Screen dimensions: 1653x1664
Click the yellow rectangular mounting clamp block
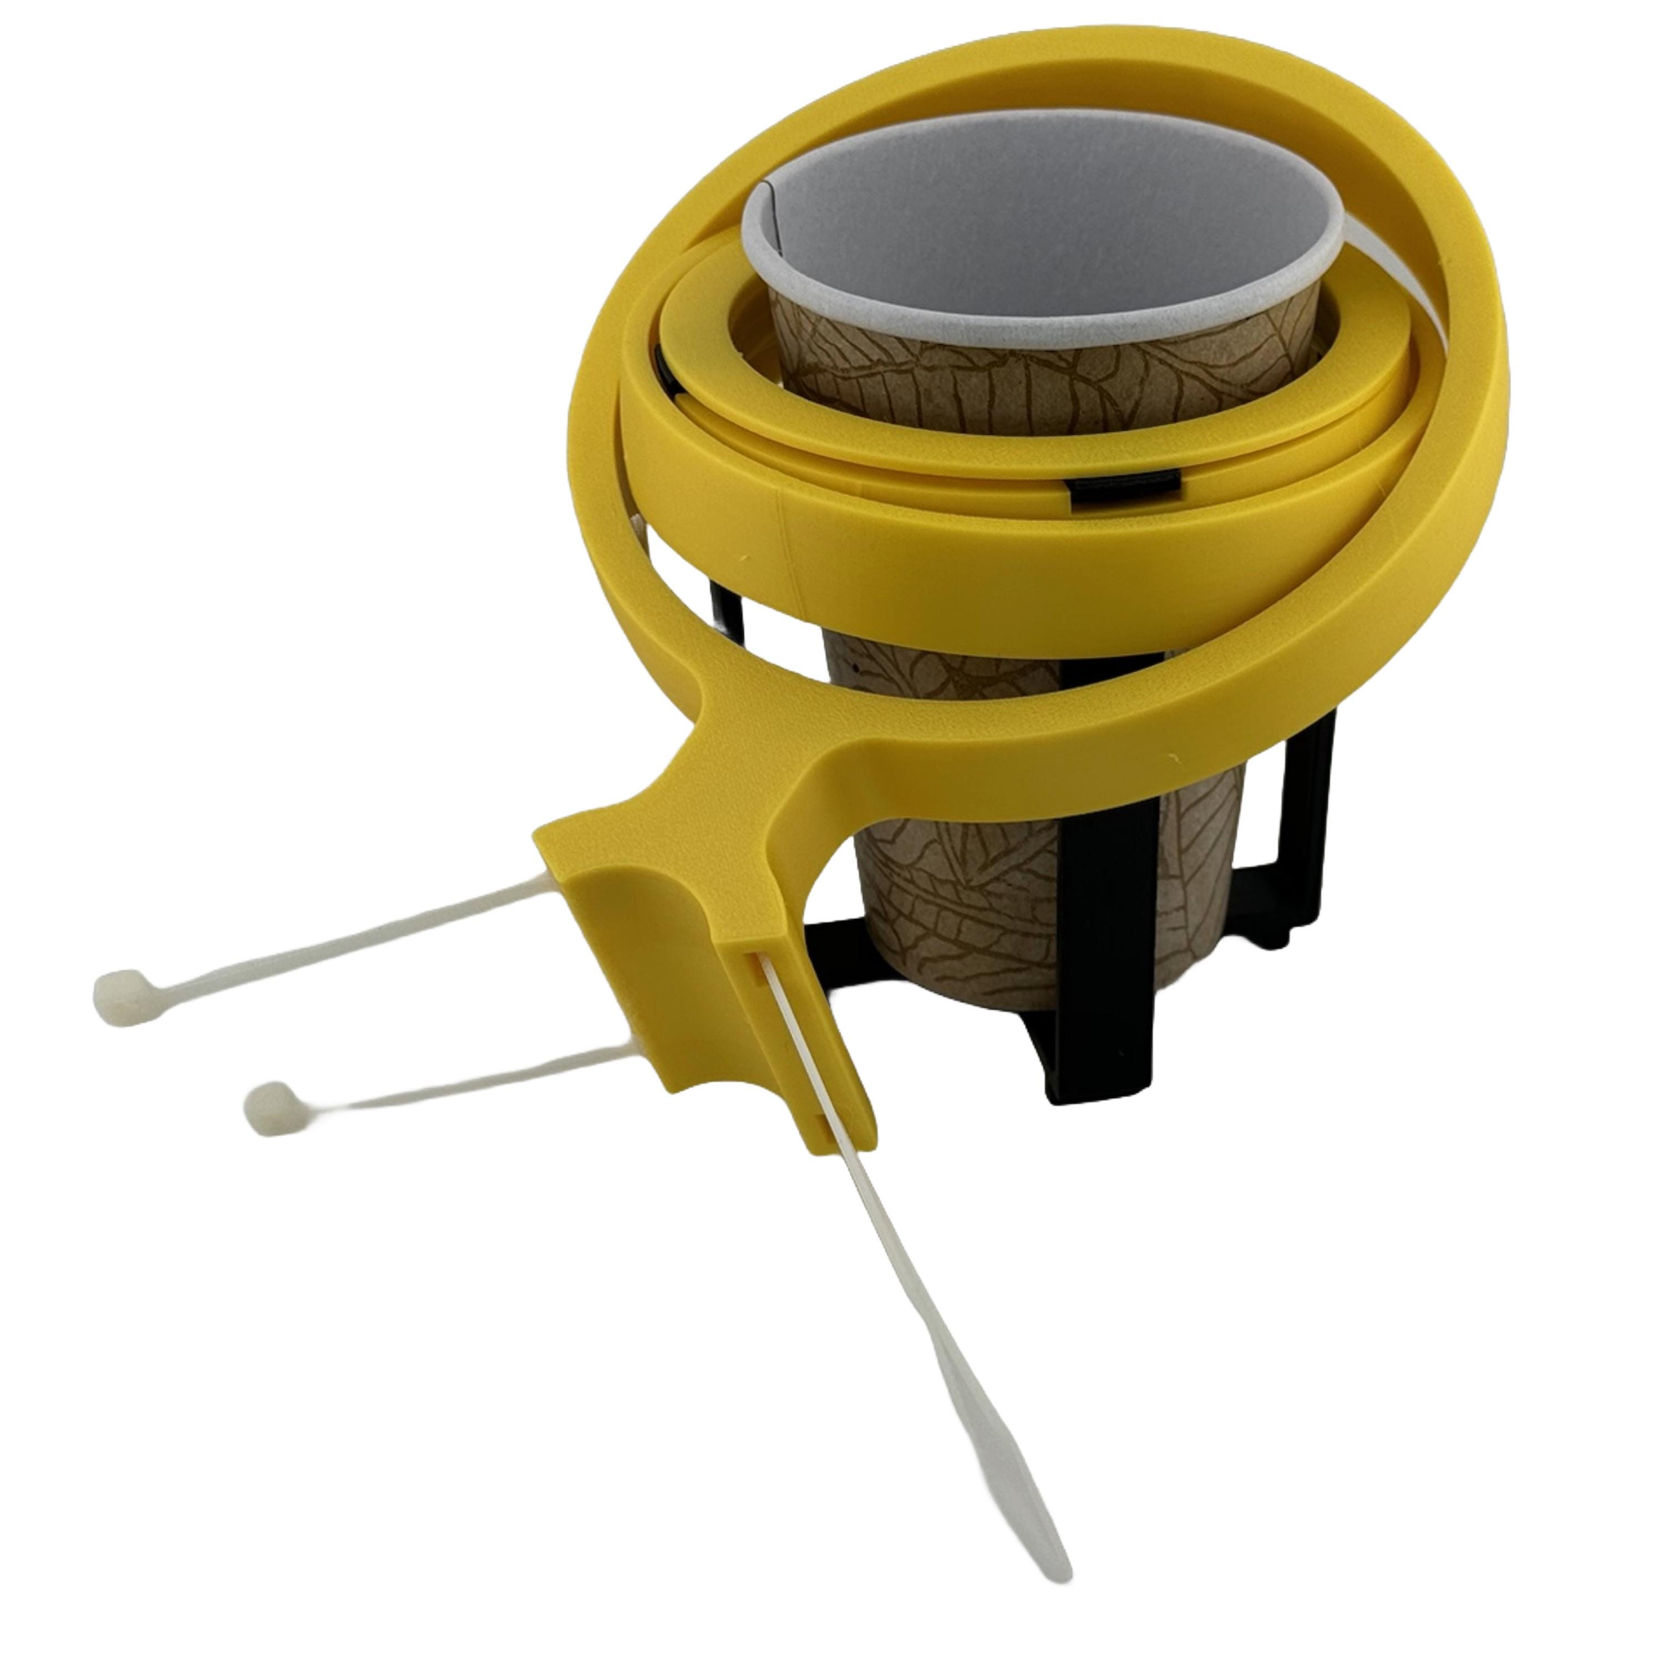pyautogui.click(x=689, y=947)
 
